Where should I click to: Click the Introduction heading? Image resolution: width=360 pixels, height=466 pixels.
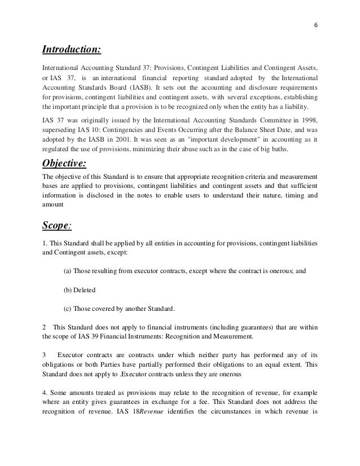(72, 51)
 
